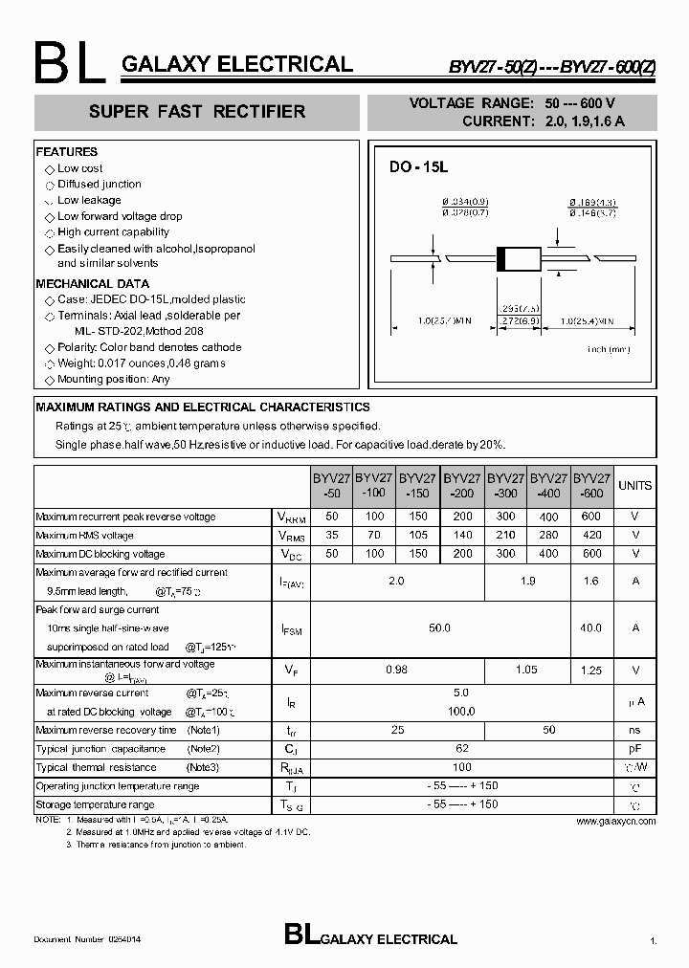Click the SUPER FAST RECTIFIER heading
(x=197, y=112)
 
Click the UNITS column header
(x=634, y=486)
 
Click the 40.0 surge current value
(x=590, y=628)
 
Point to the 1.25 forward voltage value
(x=590, y=671)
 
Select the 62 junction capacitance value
(x=461, y=748)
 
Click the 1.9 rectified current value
(x=526, y=581)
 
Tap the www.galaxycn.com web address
(x=616, y=821)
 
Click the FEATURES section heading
(x=67, y=152)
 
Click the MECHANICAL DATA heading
(x=93, y=284)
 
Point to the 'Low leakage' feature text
(x=89, y=200)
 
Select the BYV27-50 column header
(x=331, y=485)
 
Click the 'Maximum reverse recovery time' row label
(x=106, y=730)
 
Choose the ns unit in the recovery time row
(x=634, y=730)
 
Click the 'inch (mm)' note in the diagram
(x=609, y=350)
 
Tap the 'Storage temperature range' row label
(x=95, y=804)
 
